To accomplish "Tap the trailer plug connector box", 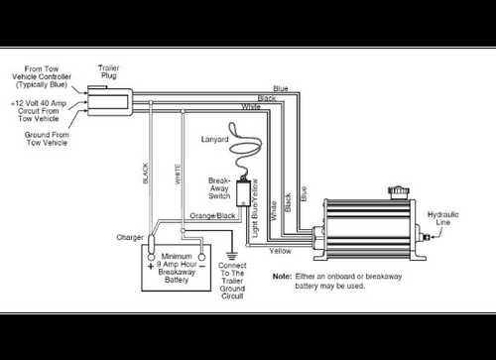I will click(x=109, y=99).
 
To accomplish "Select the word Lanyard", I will click(x=215, y=140).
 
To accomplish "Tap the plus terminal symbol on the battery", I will click(x=152, y=266).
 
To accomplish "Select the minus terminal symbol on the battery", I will click(x=199, y=266).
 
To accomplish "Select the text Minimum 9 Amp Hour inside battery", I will click(x=177, y=260).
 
